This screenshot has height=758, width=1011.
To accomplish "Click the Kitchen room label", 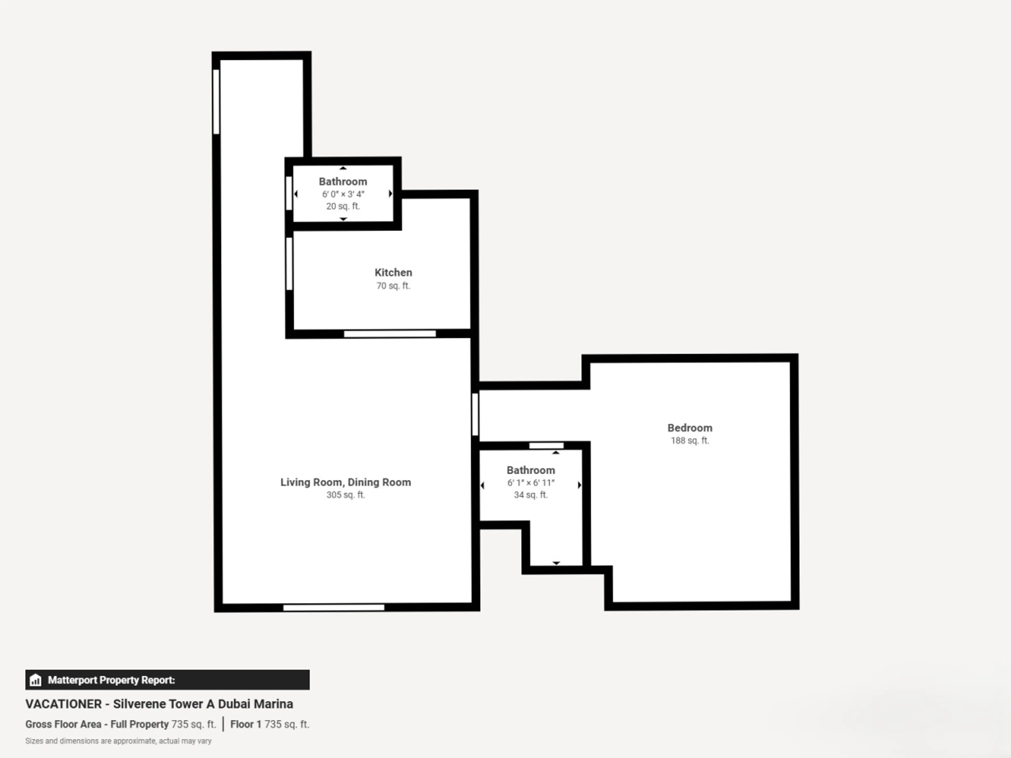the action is pyautogui.click(x=393, y=272).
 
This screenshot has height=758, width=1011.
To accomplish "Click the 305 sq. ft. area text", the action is pyautogui.click(x=345, y=495).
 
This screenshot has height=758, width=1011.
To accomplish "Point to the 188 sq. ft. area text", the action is pyautogui.click(x=690, y=440).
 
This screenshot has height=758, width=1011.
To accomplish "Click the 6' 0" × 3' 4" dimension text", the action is pyautogui.click(x=343, y=194).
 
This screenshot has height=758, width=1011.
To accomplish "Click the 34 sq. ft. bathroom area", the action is pyautogui.click(x=531, y=495).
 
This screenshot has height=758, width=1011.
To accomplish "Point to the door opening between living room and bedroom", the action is pyautogui.click(x=475, y=415).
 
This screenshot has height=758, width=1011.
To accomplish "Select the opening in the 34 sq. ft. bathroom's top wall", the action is pyautogui.click(x=546, y=446).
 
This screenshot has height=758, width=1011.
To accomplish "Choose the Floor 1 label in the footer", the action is pyautogui.click(x=245, y=724).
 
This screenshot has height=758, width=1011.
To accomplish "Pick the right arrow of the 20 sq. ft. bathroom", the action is pyautogui.click(x=390, y=194).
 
